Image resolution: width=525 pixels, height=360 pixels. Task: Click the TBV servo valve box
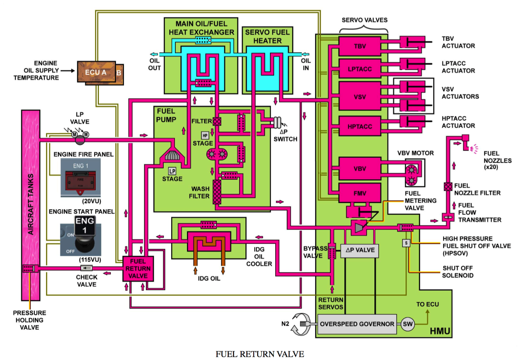click(360, 46)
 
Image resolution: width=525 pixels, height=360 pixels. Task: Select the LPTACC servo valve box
click(360, 69)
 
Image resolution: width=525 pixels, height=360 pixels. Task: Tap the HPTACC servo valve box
click(360, 126)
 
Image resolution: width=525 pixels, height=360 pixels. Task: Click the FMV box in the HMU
click(360, 193)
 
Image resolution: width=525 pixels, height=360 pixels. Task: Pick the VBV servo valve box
click(360, 169)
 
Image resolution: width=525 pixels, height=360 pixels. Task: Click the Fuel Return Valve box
click(138, 269)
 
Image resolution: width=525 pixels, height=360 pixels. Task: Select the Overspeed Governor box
click(357, 324)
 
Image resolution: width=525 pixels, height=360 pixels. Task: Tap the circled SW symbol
click(408, 324)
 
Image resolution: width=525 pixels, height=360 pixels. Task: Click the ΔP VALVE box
click(360, 250)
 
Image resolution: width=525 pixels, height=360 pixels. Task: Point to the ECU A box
click(96, 72)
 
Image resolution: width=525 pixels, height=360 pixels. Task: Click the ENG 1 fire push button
click(80, 181)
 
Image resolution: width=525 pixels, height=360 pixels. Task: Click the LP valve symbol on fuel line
click(80, 140)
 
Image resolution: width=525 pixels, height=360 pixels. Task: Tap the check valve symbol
click(86, 268)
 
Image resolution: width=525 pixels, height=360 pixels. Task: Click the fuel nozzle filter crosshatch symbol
click(448, 187)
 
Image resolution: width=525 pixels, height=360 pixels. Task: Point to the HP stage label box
click(205, 135)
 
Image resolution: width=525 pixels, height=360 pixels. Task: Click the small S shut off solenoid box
click(406, 243)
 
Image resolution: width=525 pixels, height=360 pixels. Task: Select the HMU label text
click(440, 331)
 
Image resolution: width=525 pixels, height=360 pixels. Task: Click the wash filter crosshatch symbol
click(217, 192)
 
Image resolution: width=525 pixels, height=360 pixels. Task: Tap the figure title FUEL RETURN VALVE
click(260, 354)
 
